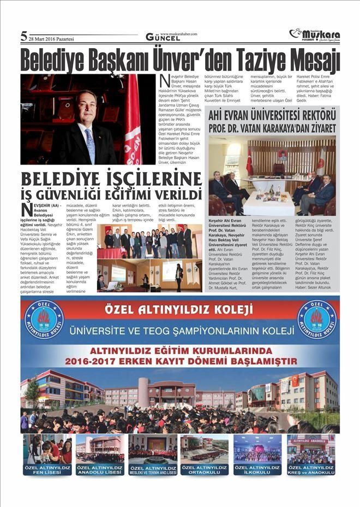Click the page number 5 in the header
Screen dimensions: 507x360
[x=23, y=37]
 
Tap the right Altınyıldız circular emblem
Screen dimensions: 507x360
[x=316, y=319]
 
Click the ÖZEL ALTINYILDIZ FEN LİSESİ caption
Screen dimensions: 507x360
[x=47, y=469]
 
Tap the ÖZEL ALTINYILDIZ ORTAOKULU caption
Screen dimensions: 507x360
[x=205, y=469]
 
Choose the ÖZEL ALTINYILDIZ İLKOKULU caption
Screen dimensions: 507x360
[x=257, y=469]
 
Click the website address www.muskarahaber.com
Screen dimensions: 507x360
[x=178, y=33]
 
